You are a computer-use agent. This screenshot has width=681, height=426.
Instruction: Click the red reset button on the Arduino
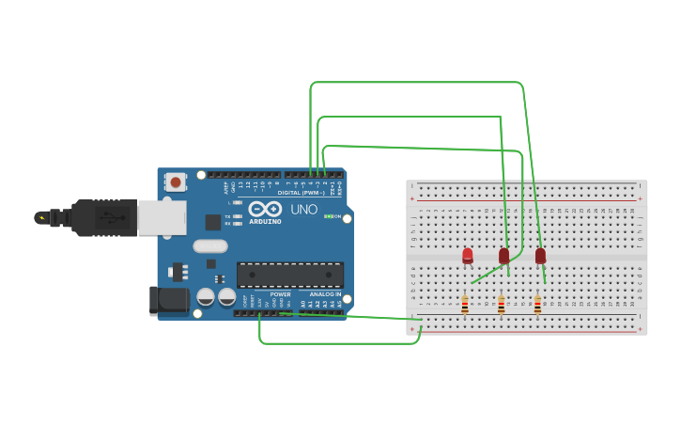175,181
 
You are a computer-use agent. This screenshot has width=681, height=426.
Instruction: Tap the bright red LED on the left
468,255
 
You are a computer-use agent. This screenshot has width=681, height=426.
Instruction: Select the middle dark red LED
504,255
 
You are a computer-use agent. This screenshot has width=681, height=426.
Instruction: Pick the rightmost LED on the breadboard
540,255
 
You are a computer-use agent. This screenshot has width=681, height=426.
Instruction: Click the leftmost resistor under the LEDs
464,304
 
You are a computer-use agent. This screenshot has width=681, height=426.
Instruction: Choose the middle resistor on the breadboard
501,304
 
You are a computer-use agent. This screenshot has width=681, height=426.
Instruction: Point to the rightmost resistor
537,304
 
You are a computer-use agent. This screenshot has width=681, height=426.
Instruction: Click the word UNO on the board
303,210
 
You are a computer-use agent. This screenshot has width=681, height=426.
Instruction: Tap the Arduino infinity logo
265,209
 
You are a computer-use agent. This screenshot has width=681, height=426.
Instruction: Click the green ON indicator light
328,216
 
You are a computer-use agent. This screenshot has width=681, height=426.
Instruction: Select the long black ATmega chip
289,275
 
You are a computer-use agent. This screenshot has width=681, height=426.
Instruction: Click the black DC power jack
166,300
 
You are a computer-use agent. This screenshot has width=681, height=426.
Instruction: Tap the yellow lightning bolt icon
40,217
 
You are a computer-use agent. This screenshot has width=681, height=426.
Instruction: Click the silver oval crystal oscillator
210,246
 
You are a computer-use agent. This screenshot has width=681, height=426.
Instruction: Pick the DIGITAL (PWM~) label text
301,193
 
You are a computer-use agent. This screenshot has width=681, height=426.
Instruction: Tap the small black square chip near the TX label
213,222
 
